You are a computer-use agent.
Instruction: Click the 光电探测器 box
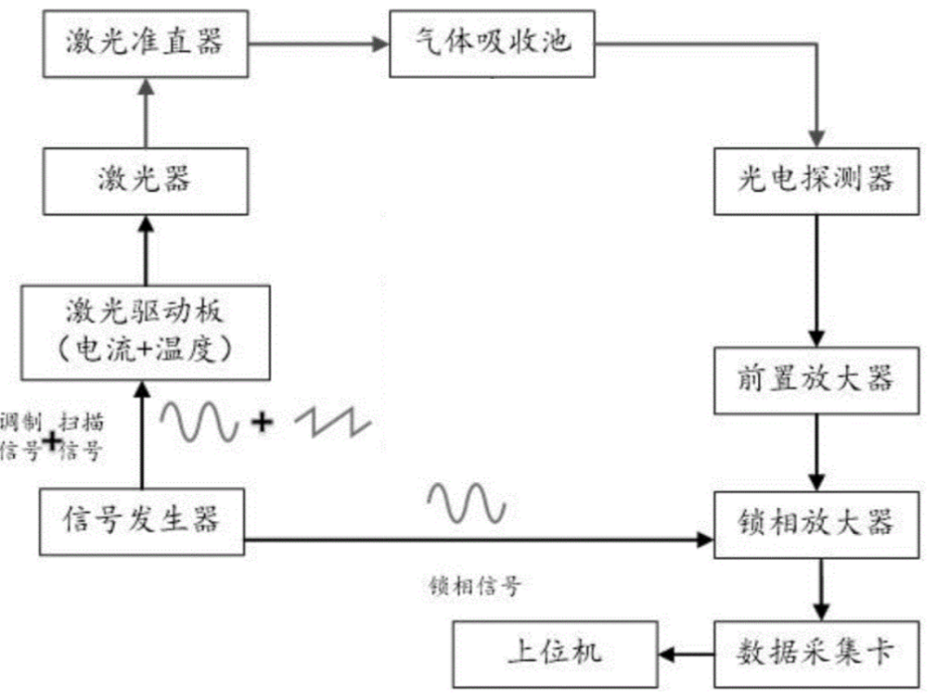pos(816,178)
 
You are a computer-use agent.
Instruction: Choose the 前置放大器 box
pos(816,379)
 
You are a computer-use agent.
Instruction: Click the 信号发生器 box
pos(142,521)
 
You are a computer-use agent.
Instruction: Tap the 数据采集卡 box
pos(816,651)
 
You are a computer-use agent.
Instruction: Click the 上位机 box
pos(555,651)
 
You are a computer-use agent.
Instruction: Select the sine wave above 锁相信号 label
pos(466,504)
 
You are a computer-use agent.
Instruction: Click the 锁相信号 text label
pos(476,586)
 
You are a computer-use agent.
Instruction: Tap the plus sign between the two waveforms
pos(263,424)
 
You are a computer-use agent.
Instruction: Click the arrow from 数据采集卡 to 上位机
pos(686,653)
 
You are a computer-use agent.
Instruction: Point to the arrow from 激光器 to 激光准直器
pos(144,112)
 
